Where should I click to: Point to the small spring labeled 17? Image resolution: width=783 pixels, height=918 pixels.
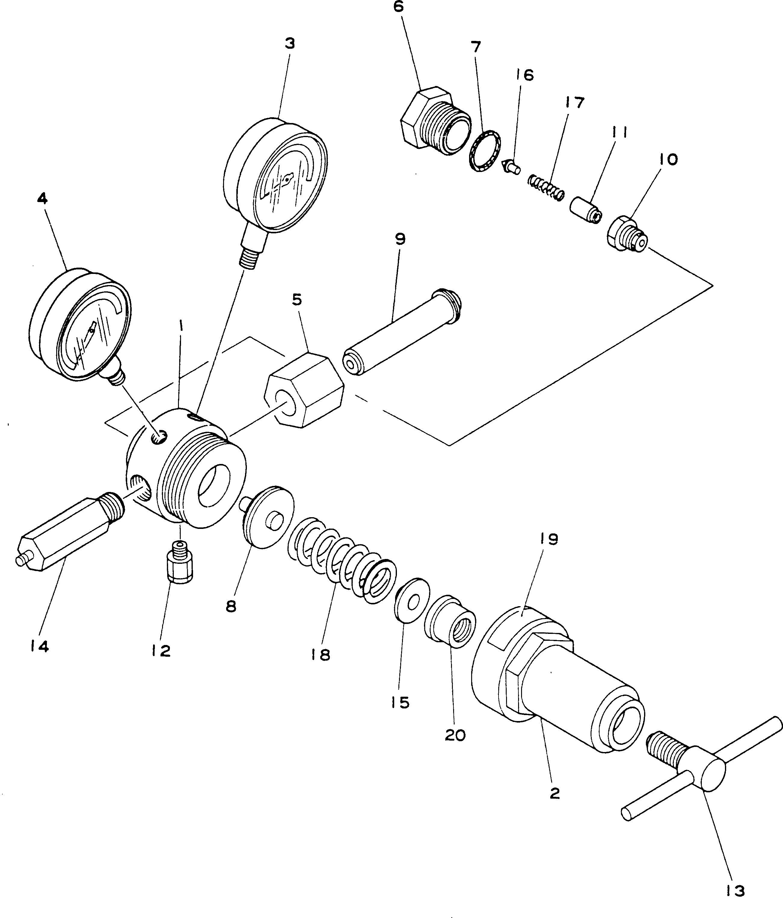pos(546,187)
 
